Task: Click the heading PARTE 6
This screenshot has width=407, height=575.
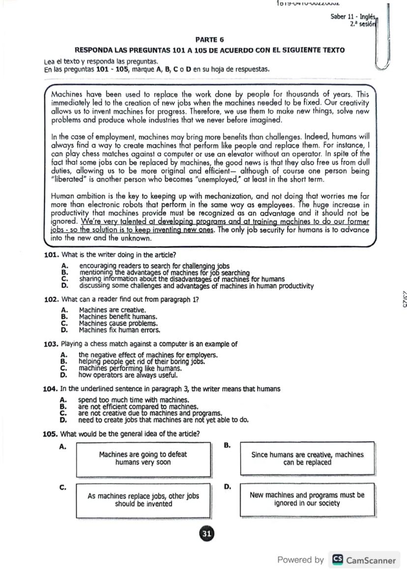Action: pyautogui.click(x=209, y=39)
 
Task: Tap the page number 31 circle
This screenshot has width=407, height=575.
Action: pyautogui.click(x=206, y=534)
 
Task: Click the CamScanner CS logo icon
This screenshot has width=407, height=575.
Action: pyautogui.click(x=338, y=560)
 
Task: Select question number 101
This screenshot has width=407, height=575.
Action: pyautogui.click(x=52, y=255)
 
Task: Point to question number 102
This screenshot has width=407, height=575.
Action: pyautogui.click(x=52, y=300)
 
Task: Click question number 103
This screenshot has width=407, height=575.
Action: pyautogui.click(x=52, y=344)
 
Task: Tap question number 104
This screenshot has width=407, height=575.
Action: pyautogui.click(x=52, y=389)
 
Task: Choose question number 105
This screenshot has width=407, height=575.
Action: pyautogui.click(x=52, y=434)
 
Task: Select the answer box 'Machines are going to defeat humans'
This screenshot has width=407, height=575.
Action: pyautogui.click(x=143, y=459)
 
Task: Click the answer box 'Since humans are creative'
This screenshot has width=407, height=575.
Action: pyautogui.click(x=307, y=459)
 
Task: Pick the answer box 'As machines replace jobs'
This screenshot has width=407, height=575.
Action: pyautogui.click(x=143, y=500)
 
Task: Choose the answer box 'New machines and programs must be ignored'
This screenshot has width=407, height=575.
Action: pyautogui.click(x=307, y=499)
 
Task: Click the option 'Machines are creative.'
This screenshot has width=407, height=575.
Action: pyautogui.click(x=113, y=310)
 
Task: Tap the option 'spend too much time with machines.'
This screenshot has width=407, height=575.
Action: pyautogui.click(x=133, y=400)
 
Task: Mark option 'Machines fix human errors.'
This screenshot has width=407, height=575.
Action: pyautogui.click(x=119, y=330)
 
